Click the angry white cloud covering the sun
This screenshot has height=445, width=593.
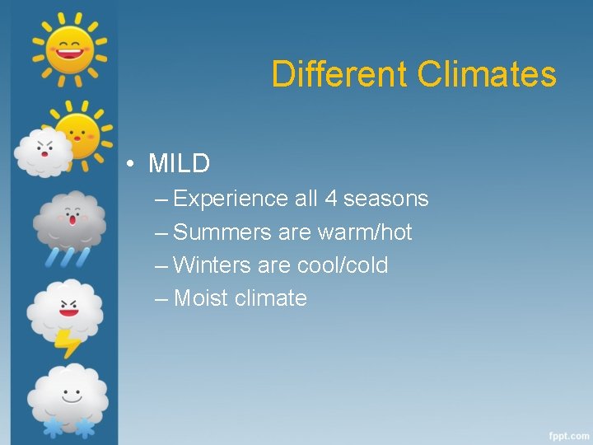44,152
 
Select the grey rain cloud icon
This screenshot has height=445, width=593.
69,221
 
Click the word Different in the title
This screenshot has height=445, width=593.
339,74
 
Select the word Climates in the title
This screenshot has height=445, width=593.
487,74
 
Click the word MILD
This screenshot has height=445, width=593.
179,163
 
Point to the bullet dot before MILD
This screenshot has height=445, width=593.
131,164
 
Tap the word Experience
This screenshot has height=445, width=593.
231,199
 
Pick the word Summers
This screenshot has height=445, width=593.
222,232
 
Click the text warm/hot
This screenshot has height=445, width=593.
365,232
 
